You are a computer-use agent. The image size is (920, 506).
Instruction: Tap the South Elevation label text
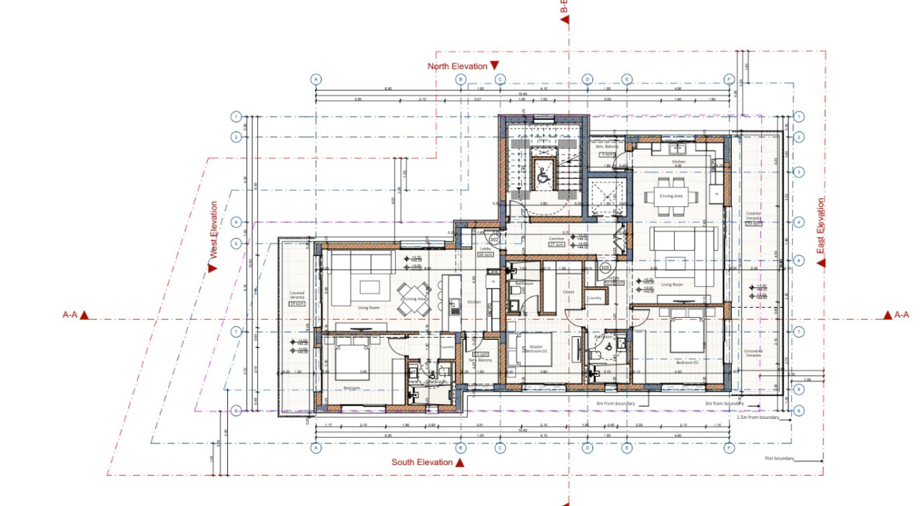[x=422, y=462]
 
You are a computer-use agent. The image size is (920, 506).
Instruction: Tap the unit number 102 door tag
[x=494, y=239]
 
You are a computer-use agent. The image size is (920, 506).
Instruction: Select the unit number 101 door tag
[x=605, y=267]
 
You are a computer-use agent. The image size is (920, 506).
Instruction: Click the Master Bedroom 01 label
[x=535, y=348]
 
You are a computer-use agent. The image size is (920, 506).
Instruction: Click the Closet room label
[x=569, y=293]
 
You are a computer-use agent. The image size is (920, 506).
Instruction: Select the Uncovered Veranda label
[x=753, y=353]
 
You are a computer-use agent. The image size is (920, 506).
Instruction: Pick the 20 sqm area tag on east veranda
[x=753, y=224]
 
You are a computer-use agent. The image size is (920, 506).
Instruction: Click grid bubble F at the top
[x=729, y=79]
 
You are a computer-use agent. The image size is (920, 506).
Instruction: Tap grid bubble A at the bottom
[x=315, y=448]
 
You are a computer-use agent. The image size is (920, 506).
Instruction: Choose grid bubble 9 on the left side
[x=236, y=410]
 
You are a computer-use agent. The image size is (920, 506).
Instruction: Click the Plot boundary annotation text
[x=779, y=458]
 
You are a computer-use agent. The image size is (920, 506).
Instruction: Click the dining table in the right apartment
[x=671, y=195]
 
